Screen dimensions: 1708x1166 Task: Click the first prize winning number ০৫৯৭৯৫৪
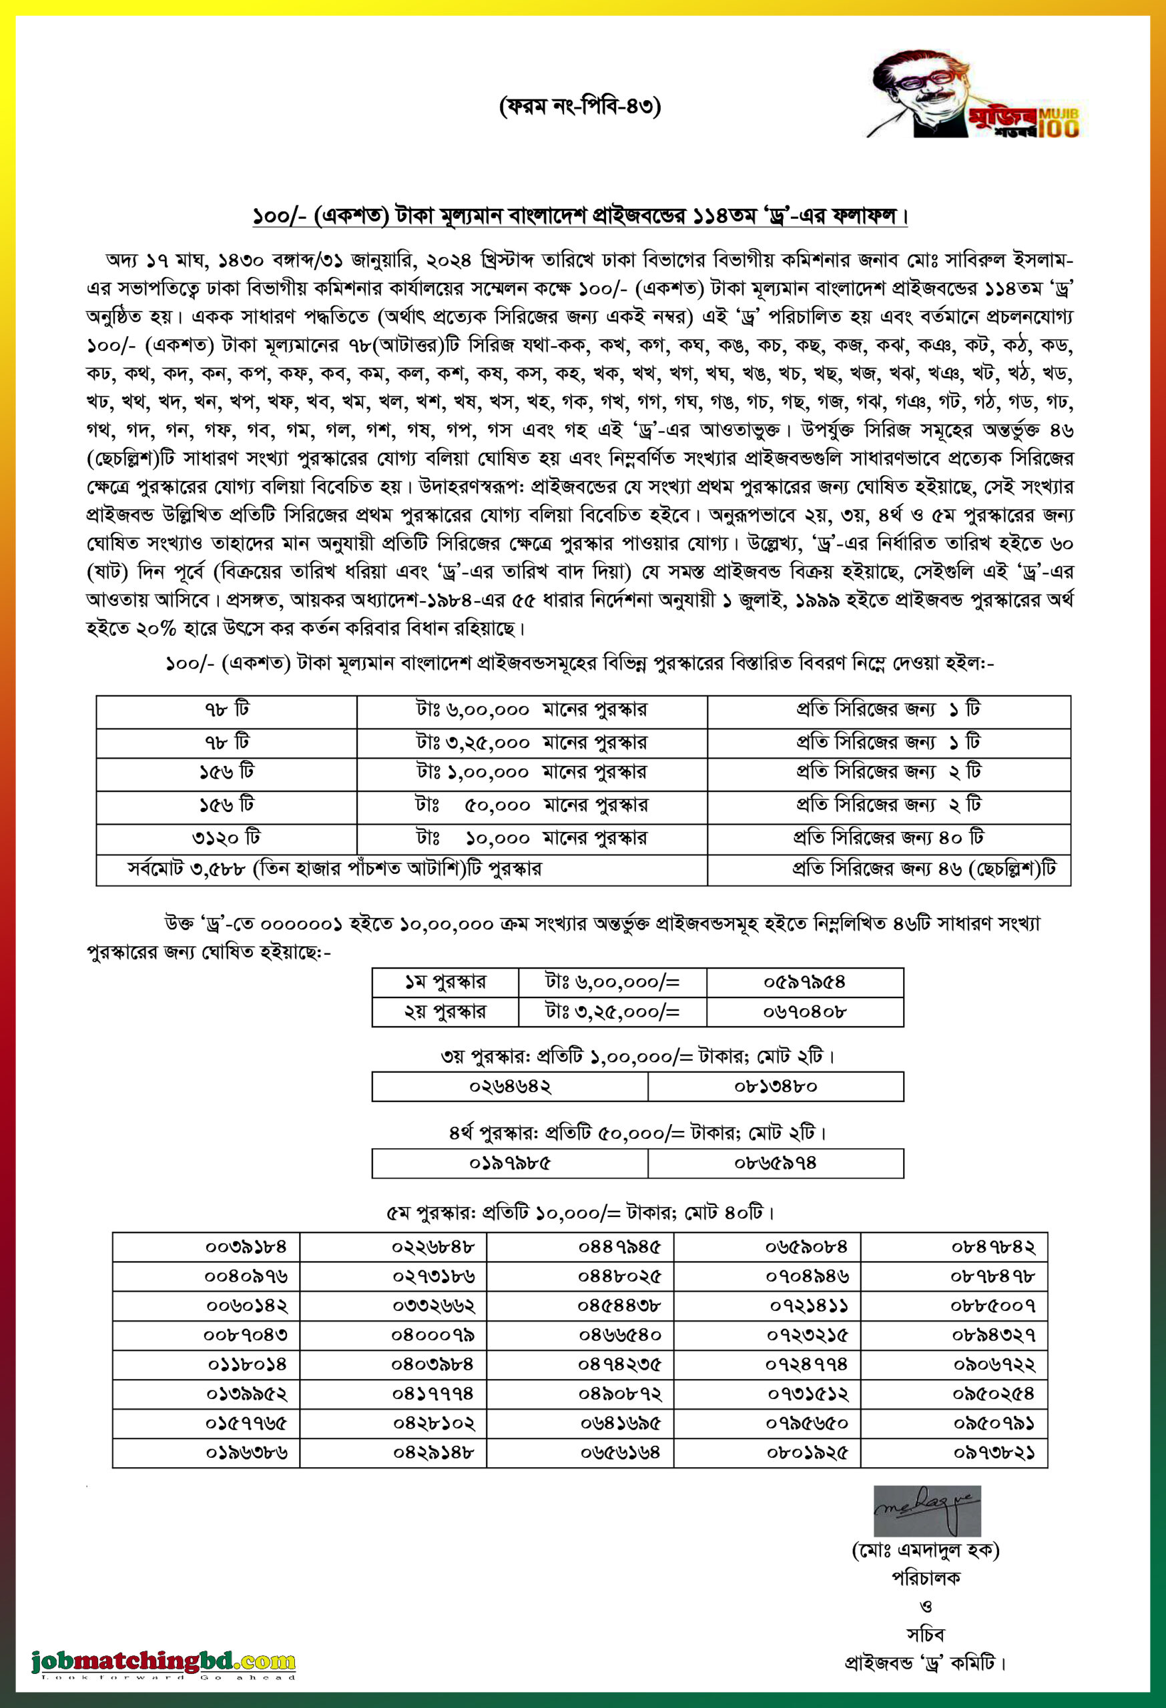[804, 982]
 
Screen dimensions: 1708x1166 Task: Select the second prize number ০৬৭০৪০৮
[804, 1012]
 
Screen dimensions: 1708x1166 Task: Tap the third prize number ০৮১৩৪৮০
[775, 1086]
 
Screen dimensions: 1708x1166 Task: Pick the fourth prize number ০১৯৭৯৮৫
[509, 1164]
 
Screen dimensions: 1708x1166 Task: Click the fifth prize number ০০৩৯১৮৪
[246, 1246]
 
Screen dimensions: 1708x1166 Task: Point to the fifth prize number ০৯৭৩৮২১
[994, 1452]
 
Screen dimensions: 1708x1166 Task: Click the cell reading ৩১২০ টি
[226, 838]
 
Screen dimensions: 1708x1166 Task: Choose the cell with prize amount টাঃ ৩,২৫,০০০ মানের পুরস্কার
[531, 743]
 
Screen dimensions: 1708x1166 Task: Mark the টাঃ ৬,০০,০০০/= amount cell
[613, 982]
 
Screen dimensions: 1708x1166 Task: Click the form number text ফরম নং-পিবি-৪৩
[580, 107]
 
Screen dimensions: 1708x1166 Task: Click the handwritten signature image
[926, 1511]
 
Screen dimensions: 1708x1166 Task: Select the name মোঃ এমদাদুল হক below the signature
[926, 1550]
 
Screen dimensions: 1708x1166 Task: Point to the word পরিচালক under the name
[926, 1578]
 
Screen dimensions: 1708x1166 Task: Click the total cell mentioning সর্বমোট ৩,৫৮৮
[334, 869]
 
